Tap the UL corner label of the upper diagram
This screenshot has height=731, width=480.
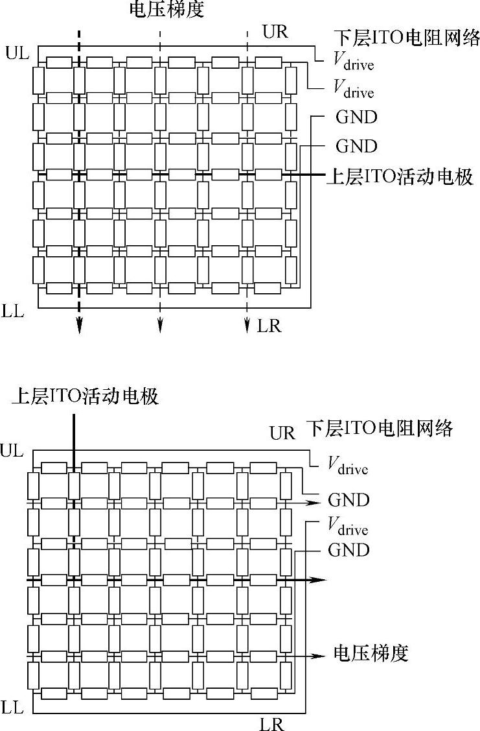(17, 53)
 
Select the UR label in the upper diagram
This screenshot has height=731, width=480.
(275, 32)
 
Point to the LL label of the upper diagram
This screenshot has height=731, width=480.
(13, 311)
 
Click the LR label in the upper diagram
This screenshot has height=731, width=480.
(269, 326)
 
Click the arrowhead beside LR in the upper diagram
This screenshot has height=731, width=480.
(247, 326)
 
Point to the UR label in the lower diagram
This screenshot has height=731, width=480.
(282, 433)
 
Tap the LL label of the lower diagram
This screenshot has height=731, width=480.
(13, 707)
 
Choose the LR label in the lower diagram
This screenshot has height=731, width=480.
(271, 724)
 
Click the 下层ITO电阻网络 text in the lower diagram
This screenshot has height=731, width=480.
(379, 429)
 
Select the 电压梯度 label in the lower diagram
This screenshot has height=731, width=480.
(371, 653)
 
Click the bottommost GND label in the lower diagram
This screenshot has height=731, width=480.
(349, 551)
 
